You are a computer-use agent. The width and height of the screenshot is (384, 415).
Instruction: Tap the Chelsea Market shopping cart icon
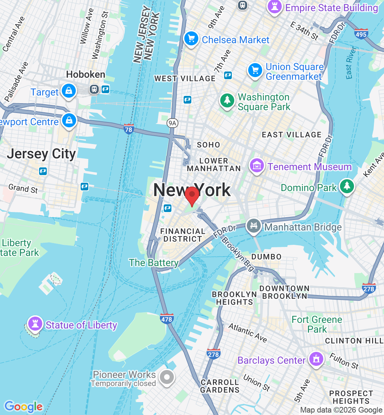tap(191, 39)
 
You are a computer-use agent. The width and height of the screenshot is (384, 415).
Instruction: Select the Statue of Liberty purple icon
tap(35, 323)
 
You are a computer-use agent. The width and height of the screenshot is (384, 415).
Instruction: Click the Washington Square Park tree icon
tap(227, 100)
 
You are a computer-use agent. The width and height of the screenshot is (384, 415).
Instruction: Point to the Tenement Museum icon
tap(257, 166)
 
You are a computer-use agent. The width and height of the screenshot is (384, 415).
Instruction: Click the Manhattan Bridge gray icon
tap(254, 226)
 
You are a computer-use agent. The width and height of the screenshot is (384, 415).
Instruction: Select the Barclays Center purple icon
tap(316, 359)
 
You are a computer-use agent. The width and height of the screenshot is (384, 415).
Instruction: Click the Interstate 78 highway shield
tap(128, 129)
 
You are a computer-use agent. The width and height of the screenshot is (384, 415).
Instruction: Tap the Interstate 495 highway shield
tap(361, 34)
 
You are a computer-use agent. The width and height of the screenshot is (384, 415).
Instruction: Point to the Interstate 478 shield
tap(167, 319)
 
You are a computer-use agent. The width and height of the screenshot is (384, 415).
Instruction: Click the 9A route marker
tap(172, 123)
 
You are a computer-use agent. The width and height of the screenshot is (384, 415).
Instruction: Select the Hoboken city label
tap(86, 75)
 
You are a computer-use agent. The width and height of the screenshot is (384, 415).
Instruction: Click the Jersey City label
tap(41, 154)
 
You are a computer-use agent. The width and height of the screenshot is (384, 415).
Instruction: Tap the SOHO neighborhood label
tap(208, 145)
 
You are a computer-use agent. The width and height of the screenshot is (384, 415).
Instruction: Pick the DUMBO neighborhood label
tap(266, 257)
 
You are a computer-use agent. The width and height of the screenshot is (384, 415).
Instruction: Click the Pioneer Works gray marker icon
tap(167, 377)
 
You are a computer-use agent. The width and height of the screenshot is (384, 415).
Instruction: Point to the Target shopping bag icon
tap(69, 91)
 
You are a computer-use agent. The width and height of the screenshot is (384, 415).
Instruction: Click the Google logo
tap(23, 407)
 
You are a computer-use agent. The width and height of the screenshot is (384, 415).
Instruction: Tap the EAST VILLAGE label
tap(291, 135)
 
